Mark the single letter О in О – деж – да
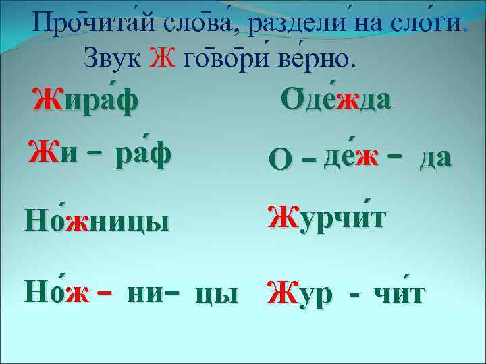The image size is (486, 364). (277, 160)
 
